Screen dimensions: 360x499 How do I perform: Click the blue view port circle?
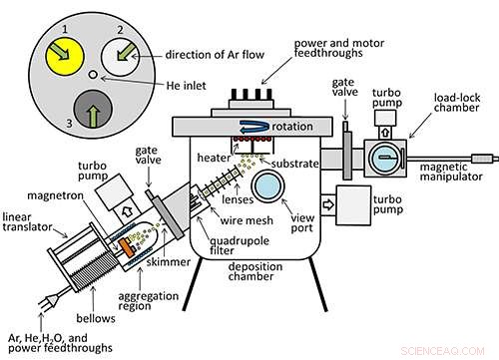coord(269,185)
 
